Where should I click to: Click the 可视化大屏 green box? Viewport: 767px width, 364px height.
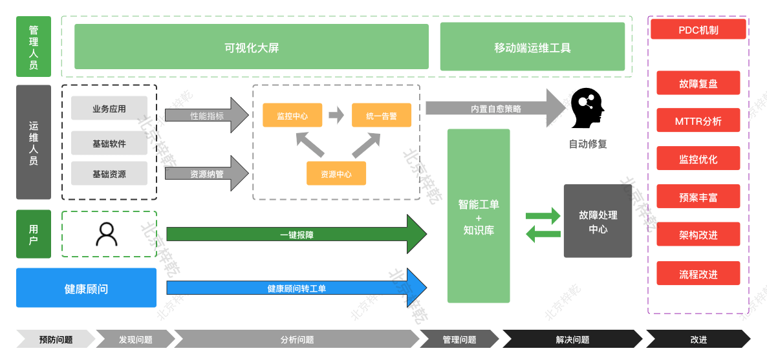[x=252, y=47]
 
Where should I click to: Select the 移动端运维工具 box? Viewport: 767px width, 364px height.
[x=532, y=47]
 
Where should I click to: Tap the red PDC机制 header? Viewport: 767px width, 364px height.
[x=698, y=29]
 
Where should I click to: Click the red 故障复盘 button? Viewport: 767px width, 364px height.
[x=698, y=83]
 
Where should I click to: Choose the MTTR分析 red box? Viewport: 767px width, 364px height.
[x=698, y=121]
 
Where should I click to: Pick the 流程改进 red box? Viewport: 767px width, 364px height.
[x=698, y=273]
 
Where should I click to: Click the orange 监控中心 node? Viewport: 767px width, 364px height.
[x=292, y=116]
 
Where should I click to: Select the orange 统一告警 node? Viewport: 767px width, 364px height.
[x=381, y=116]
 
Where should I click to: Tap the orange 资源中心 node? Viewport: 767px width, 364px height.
[x=336, y=173]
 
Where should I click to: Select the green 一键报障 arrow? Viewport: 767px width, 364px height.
[x=296, y=235]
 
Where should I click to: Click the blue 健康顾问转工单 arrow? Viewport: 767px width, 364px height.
[x=296, y=288]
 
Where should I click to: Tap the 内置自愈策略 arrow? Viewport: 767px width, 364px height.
[x=495, y=109]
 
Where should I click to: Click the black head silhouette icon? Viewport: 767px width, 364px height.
[x=587, y=108]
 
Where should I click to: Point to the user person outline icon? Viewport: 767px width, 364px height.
[x=107, y=233]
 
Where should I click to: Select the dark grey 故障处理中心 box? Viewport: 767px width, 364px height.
[x=598, y=221]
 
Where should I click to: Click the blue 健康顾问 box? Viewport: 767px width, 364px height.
[x=86, y=288]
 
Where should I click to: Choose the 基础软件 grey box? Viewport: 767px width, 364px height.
[x=109, y=143]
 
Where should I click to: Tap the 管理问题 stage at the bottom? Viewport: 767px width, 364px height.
[x=459, y=339]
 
